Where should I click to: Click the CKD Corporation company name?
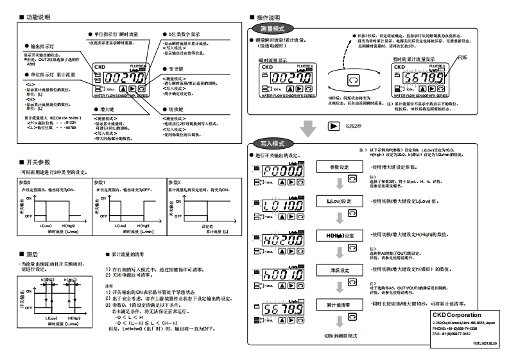click(x=456, y=315)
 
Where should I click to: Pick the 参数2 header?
click(x=175, y=182)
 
